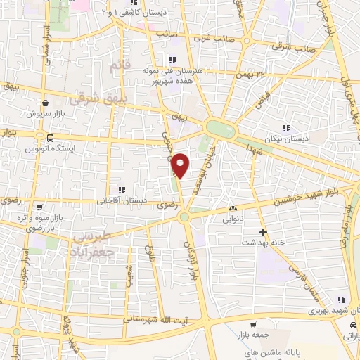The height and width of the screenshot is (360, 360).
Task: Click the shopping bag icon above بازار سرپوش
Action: (46, 103)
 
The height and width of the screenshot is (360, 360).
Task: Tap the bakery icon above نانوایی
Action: (233, 209)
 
